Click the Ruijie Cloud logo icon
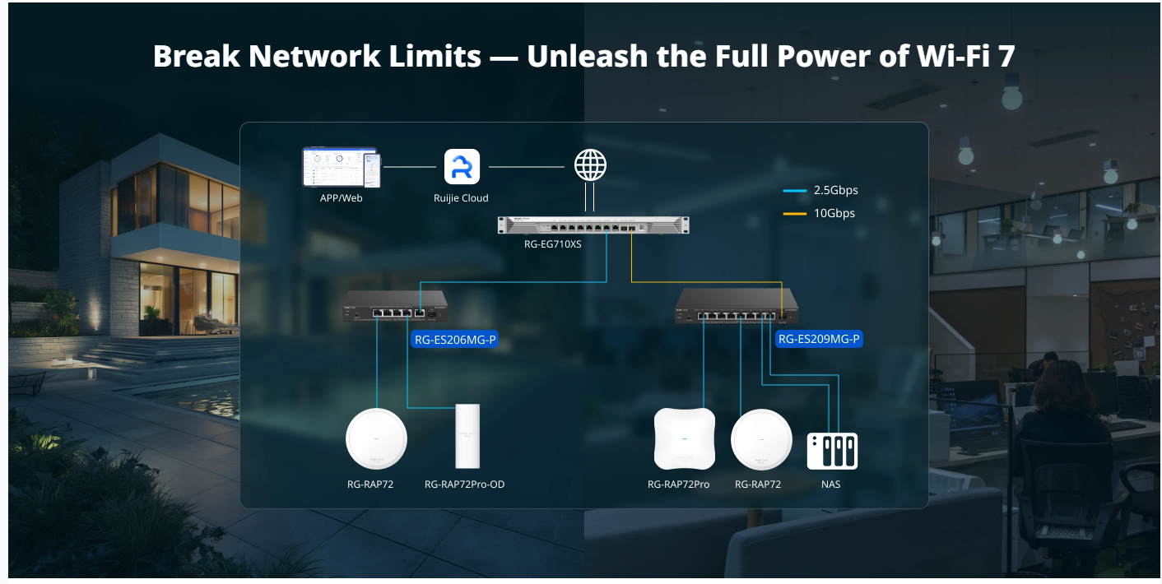pos(462,166)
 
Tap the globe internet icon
pos(590,165)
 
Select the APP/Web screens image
pos(340,167)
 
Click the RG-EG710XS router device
pos(593,225)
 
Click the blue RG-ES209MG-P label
pos(820,338)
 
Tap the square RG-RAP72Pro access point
pos(682,438)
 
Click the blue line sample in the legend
pos(794,191)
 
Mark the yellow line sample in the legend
pos(794,214)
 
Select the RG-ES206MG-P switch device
pos(396,306)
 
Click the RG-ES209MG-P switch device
pos(737,307)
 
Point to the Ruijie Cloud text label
pos(461,198)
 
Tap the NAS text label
pos(830,484)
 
